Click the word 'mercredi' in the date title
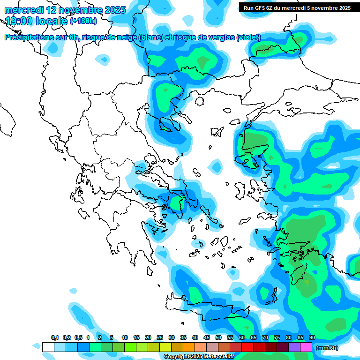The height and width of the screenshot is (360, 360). [x=22, y=10]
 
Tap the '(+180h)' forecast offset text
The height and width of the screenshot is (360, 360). [x=84, y=21]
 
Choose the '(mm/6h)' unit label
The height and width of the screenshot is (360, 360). [x=327, y=348]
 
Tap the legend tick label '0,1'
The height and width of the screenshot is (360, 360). [x=55, y=337]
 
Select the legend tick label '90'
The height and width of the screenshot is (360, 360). [x=312, y=337]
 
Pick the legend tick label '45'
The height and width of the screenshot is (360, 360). [x=207, y=337]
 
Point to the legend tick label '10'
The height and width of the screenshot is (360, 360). [x=125, y=337]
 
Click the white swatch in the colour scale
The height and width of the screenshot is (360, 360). [x=48, y=347]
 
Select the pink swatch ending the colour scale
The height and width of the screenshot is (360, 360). [x=306, y=347]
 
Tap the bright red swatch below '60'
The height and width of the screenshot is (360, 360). [x=247, y=347]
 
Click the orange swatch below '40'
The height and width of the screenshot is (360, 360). [x=189, y=347]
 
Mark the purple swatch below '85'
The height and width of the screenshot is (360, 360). [x=294, y=347]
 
